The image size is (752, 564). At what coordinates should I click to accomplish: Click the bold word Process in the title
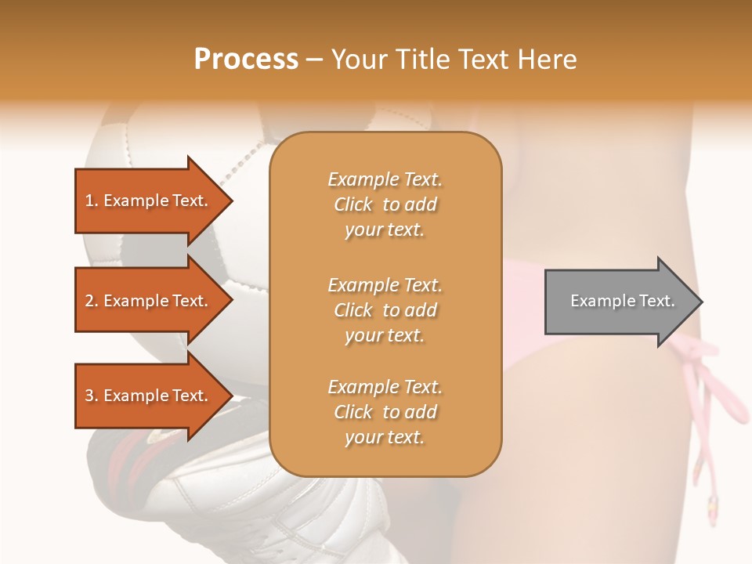pos(246,60)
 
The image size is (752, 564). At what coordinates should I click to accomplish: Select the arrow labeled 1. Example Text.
pos(149,201)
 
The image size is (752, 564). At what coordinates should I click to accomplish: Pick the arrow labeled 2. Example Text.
pos(149,301)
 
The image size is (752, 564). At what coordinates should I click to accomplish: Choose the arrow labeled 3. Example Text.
pos(149,396)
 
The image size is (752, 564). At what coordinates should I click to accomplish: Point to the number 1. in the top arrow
pos(92,201)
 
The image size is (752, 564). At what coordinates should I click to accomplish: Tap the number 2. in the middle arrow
pos(92,301)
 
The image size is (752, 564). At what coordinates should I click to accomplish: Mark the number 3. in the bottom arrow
pos(92,396)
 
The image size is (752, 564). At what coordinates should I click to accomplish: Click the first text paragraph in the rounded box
pos(385,204)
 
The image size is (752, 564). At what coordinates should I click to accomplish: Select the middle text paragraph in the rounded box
pos(385,310)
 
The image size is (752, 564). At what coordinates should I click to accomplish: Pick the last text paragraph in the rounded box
pos(385,412)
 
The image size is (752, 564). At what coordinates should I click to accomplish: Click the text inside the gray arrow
pos(622,301)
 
